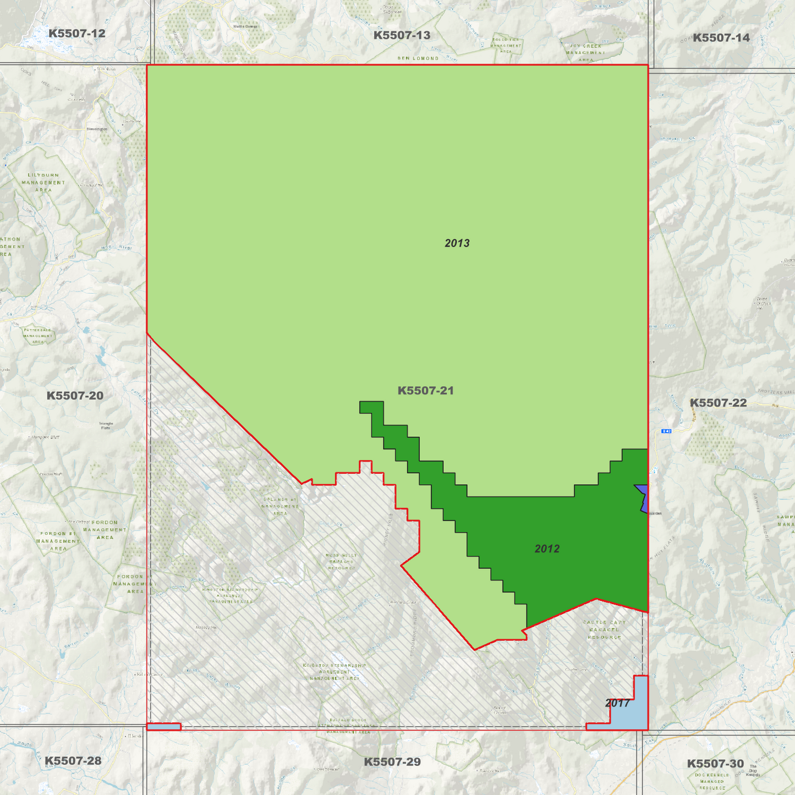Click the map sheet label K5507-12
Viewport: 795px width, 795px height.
coord(76,34)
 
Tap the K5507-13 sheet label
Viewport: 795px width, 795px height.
coord(402,36)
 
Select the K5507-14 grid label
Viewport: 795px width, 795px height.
coord(721,38)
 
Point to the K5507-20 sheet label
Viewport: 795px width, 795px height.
coord(75,396)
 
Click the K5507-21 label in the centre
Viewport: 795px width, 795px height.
coord(425,391)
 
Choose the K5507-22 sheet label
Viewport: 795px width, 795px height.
coord(718,403)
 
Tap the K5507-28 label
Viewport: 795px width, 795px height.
coord(73,761)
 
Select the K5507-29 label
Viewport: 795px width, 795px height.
coord(392,762)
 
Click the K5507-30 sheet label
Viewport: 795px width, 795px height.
coord(715,764)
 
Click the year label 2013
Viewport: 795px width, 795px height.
coord(457,243)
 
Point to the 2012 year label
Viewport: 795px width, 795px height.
coord(547,549)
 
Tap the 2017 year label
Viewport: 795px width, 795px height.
coord(617,703)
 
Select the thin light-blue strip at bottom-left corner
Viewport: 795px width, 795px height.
coord(163,727)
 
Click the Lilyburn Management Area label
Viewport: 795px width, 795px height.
coord(43,183)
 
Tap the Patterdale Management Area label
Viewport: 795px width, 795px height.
coord(37,336)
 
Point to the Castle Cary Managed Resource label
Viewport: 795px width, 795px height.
coord(604,629)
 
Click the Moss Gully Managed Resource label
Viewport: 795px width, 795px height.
coord(341,561)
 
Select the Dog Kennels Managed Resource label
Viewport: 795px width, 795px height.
coord(712,781)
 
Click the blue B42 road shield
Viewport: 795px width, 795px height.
coord(667,431)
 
